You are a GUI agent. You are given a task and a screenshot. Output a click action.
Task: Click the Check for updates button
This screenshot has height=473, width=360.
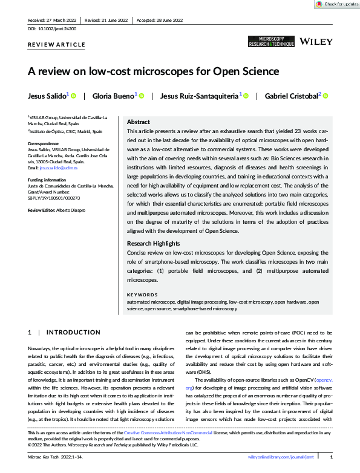pos(336,4)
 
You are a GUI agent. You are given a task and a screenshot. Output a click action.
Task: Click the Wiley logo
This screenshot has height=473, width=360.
pos(315,42)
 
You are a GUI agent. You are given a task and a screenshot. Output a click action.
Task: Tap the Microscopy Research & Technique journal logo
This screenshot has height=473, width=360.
pos(271,42)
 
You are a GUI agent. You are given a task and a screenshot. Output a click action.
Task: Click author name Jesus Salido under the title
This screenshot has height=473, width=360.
pos(48,96)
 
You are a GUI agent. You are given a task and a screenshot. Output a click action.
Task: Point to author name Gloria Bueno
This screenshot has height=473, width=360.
pos(114,96)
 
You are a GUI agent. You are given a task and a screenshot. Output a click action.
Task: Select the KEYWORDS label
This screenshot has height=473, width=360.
pos(143,295)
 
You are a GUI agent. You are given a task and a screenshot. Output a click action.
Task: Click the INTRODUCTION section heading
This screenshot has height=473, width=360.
pos(73,332)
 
